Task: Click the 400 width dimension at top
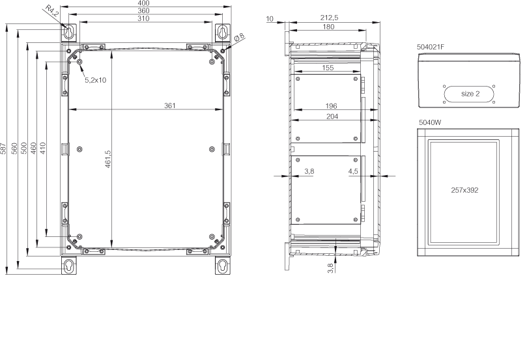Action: (143, 3)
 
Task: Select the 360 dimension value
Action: (143, 11)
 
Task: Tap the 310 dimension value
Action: (143, 18)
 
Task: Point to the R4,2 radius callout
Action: (52, 13)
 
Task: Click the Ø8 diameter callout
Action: (239, 37)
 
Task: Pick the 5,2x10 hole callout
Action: (96, 80)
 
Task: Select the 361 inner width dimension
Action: (170, 105)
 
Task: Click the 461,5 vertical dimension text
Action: (108, 159)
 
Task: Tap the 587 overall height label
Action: (3, 148)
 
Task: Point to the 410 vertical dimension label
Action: (43, 148)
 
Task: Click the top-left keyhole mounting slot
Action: (69, 32)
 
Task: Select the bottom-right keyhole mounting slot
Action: (223, 266)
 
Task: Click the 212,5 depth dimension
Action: (330, 18)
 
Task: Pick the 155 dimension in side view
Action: (328, 68)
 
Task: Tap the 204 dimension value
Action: (332, 117)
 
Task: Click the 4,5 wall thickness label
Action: (353, 171)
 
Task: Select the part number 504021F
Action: (431, 47)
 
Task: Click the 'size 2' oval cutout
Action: (469, 94)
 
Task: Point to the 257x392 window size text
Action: (464, 190)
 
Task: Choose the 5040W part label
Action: (430, 122)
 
